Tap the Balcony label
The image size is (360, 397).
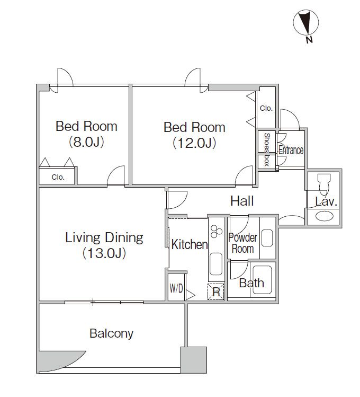point(112,333)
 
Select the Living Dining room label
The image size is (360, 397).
point(104,237)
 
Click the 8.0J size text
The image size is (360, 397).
point(86,142)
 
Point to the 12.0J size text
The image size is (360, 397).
point(194,143)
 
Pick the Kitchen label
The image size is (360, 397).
point(190,244)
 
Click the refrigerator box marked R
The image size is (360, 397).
point(216,292)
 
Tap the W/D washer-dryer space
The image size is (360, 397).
point(176,288)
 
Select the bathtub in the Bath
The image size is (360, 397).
point(262,280)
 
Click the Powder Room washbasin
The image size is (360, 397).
point(267,238)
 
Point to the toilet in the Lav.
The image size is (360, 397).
point(323,183)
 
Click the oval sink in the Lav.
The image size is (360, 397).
point(325,216)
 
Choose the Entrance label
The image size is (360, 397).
point(291,150)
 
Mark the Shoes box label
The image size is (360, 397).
point(267,149)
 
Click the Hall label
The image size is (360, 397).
point(242,201)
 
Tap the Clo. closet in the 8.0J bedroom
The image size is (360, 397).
point(58,177)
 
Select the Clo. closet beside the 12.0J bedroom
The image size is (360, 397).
point(266,108)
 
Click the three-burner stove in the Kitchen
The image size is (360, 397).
point(217,232)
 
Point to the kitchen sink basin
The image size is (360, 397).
point(216,264)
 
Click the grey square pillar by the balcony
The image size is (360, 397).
point(193,360)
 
